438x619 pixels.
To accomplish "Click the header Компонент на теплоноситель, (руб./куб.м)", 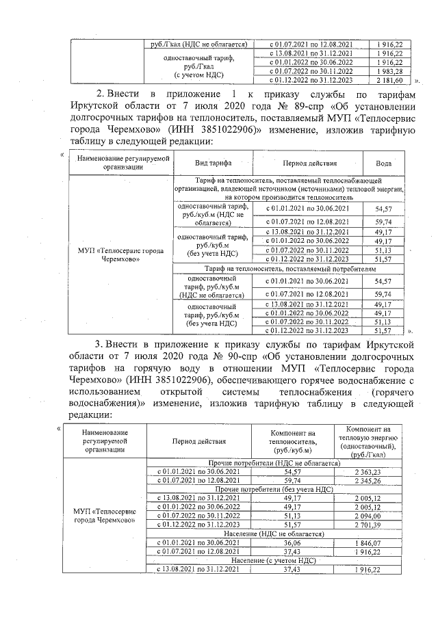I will pyautogui.click(x=292, y=442).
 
